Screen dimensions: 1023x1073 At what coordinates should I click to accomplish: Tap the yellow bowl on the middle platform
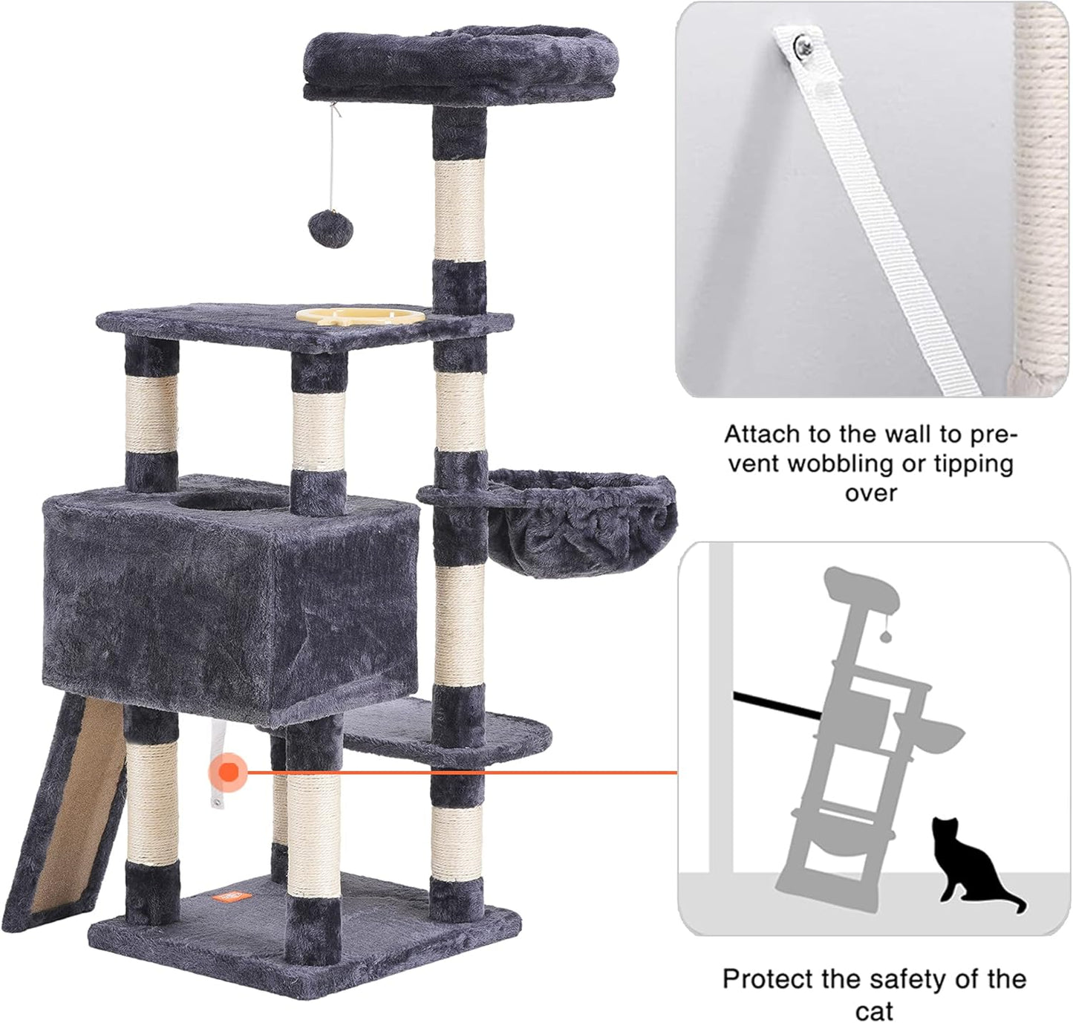pos(361,315)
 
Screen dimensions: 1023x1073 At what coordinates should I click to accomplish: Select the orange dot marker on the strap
pos(229,772)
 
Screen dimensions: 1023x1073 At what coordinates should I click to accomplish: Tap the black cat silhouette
pos(973,862)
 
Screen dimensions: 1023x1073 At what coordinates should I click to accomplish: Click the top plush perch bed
pos(459,63)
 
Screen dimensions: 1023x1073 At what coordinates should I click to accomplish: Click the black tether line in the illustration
pos(776,706)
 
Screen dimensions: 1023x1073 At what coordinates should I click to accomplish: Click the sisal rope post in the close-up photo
pos(1040,186)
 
